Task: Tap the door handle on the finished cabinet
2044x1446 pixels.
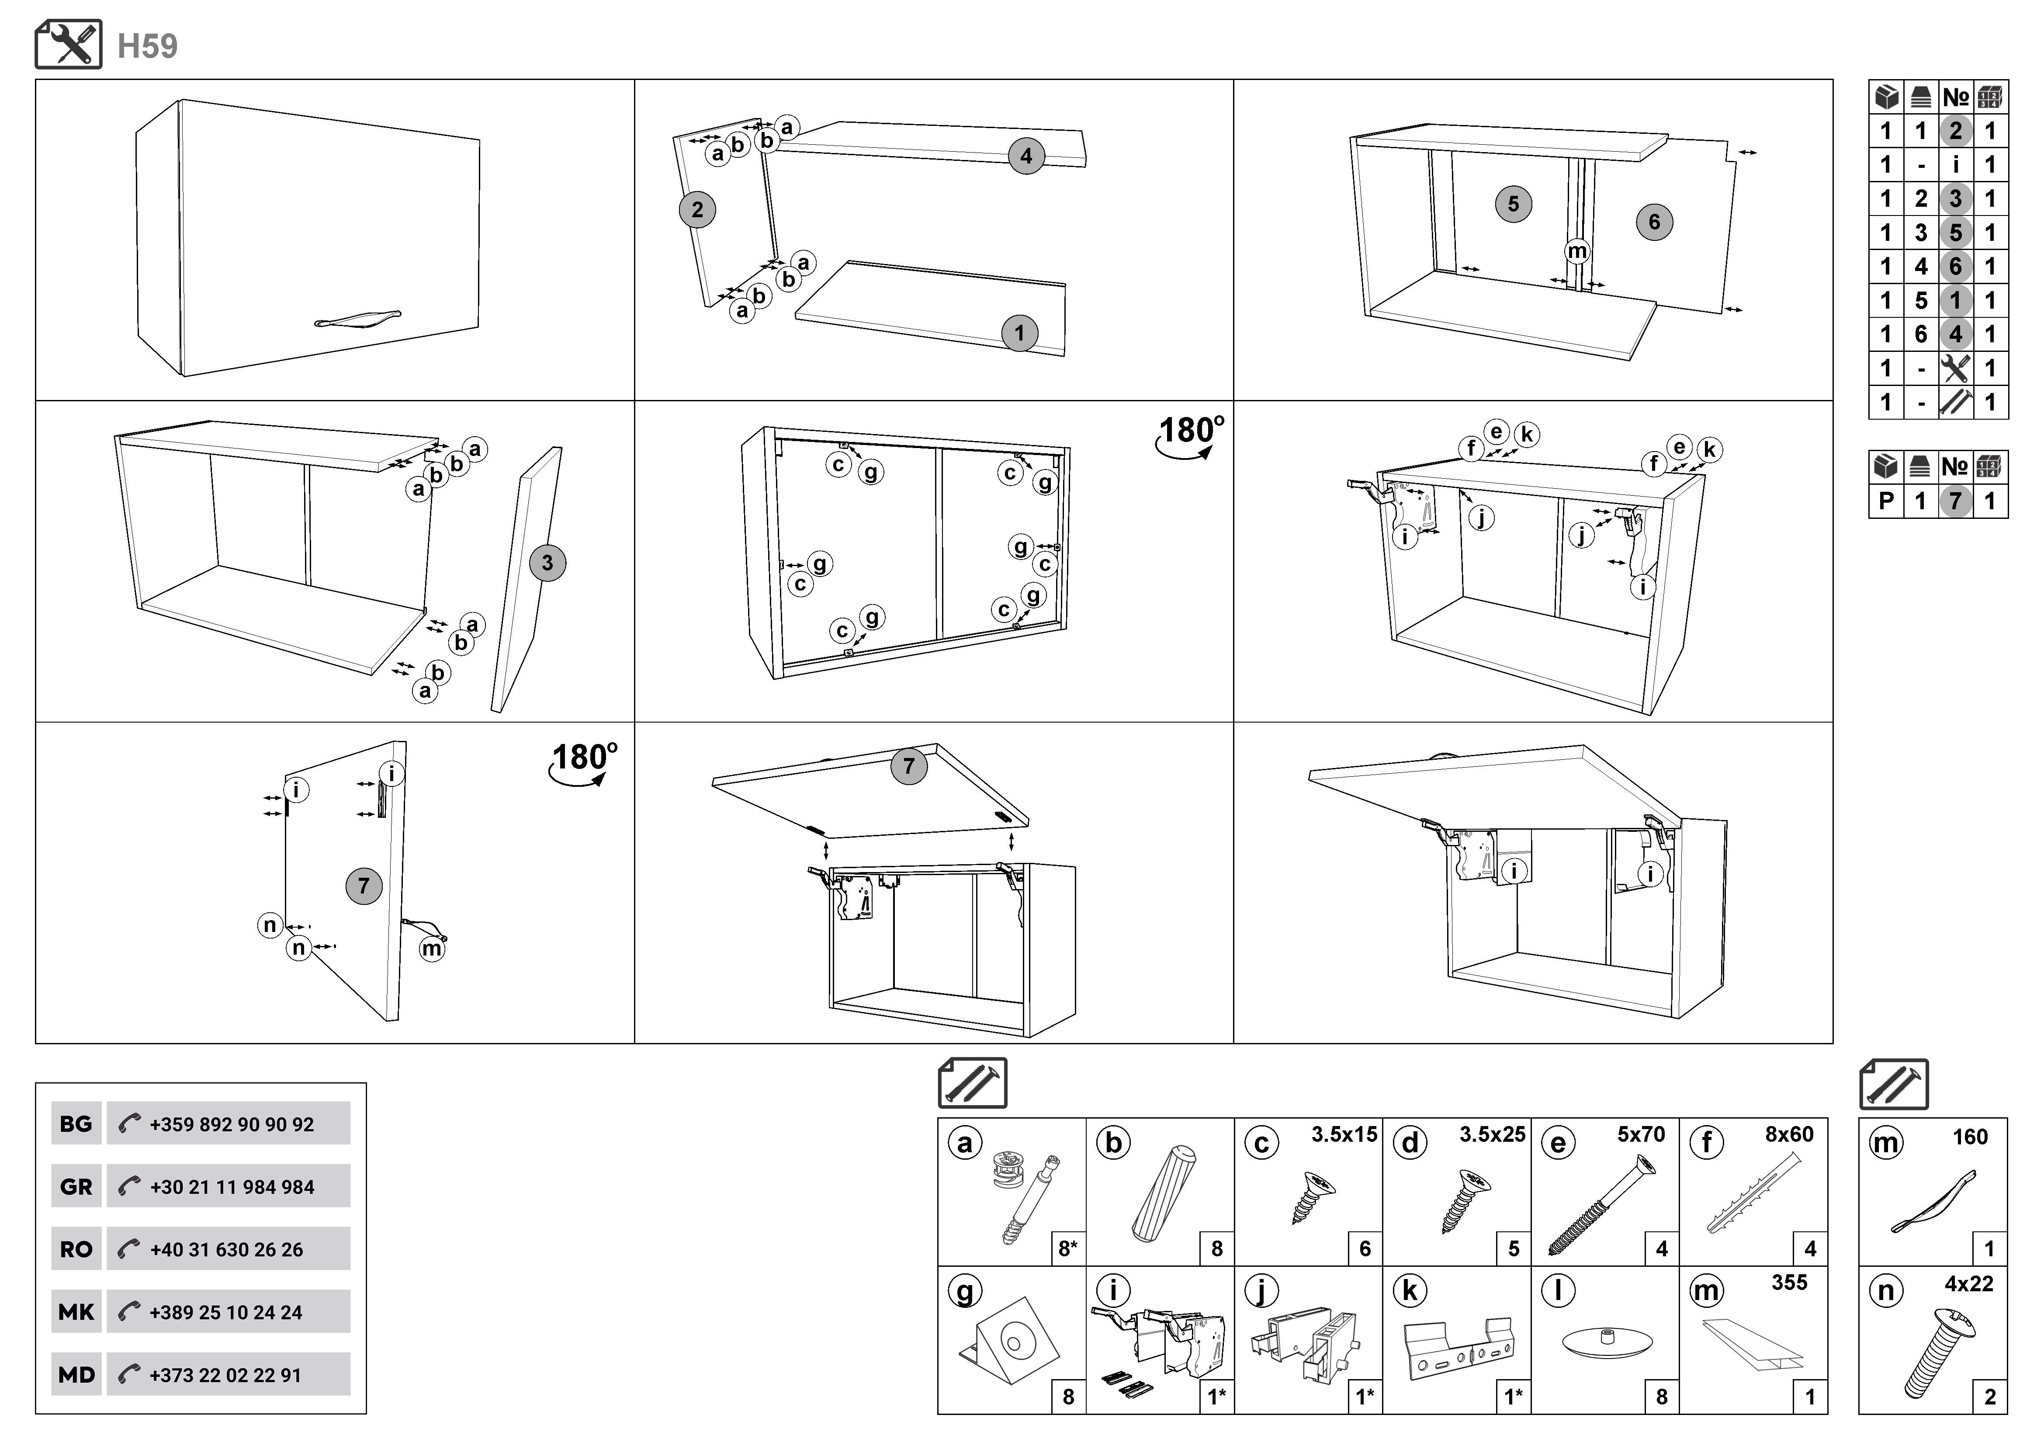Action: tap(358, 318)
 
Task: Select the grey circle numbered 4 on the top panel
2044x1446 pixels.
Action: tap(1025, 157)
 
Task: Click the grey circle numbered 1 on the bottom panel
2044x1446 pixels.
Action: tap(1019, 334)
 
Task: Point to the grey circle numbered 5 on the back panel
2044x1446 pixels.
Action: tap(1514, 204)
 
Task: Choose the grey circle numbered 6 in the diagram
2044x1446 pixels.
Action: tap(1654, 222)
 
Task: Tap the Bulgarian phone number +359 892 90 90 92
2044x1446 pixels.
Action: tap(232, 1125)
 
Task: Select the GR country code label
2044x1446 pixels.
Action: tap(76, 1187)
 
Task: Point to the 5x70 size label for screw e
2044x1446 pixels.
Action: tap(1641, 1134)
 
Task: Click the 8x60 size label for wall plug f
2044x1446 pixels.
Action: tap(1789, 1134)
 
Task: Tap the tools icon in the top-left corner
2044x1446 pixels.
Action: tap(69, 45)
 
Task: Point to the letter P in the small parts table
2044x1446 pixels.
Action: tap(1885, 501)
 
